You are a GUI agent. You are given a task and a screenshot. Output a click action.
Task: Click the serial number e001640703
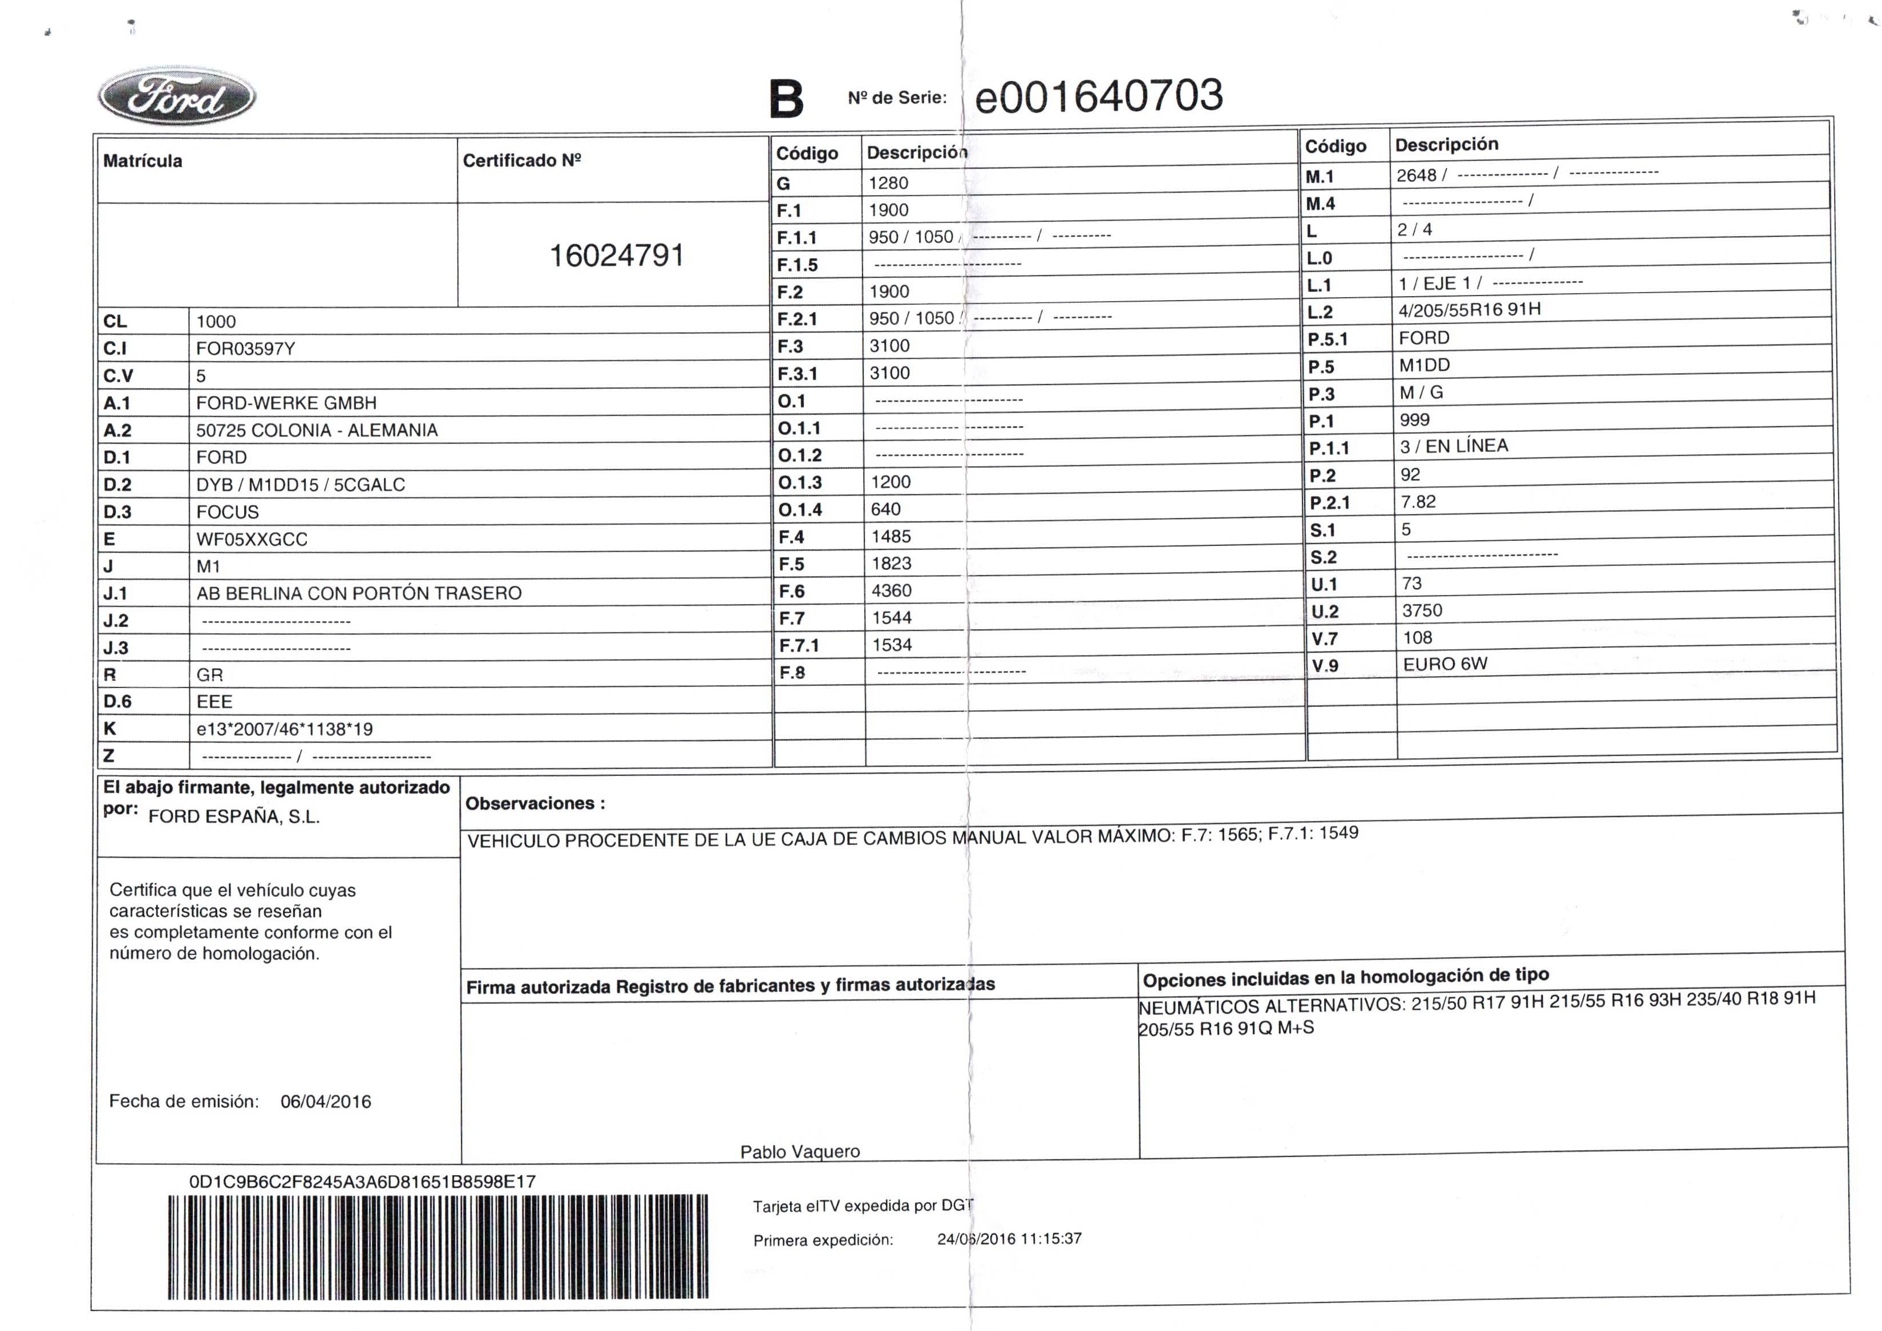(x=1098, y=96)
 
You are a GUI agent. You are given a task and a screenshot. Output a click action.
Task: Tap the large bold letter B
(x=785, y=100)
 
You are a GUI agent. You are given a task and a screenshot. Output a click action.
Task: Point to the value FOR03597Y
(x=245, y=349)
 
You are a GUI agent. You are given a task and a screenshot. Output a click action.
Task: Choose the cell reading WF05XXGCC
(x=252, y=539)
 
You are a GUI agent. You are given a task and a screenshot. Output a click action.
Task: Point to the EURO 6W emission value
(x=1444, y=664)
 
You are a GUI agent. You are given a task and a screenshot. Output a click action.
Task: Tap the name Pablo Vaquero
(x=799, y=1151)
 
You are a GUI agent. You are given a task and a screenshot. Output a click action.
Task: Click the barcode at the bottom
(x=438, y=1247)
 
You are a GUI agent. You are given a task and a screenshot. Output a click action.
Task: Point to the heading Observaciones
(x=535, y=804)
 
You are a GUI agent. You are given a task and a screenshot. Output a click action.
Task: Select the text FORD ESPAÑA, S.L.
(x=234, y=817)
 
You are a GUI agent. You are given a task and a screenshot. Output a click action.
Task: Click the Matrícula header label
(x=143, y=161)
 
